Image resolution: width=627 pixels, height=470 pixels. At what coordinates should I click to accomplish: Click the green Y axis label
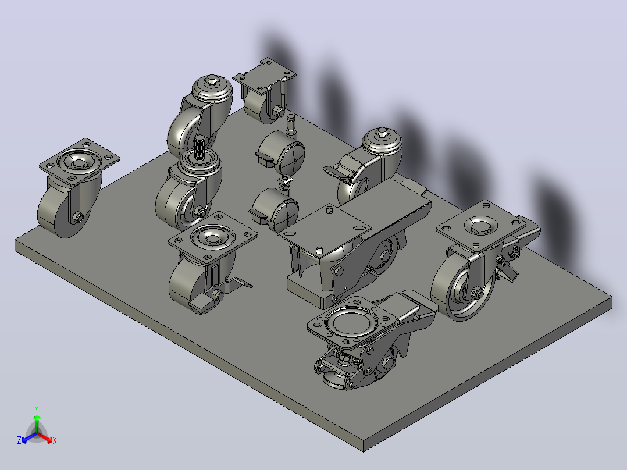click(x=37, y=409)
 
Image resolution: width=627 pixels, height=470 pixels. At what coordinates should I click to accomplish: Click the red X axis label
click(x=55, y=440)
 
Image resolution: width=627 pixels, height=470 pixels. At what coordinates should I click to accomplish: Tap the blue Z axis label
click(x=19, y=440)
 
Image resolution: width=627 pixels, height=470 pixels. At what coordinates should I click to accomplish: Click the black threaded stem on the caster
click(x=199, y=147)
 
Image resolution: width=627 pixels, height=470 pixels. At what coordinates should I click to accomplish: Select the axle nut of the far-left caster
click(x=79, y=218)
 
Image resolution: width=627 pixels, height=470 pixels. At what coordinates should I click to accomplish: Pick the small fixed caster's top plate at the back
click(x=264, y=76)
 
